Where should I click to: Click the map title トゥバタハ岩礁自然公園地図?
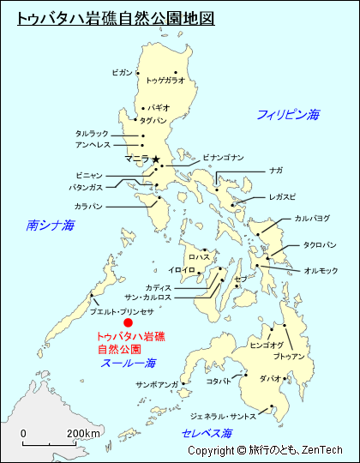(116, 17)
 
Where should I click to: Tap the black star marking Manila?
(155, 159)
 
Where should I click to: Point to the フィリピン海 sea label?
(288, 114)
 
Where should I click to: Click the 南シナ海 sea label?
(51, 225)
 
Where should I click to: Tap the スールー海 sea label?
(129, 363)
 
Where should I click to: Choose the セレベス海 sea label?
(208, 434)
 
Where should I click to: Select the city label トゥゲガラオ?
(165, 81)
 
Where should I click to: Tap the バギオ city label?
(159, 108)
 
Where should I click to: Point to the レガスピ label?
(282, 196)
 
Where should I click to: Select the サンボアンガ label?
(157, 385)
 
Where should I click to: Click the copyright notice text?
(265, 450)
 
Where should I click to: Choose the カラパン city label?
(88, 207)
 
